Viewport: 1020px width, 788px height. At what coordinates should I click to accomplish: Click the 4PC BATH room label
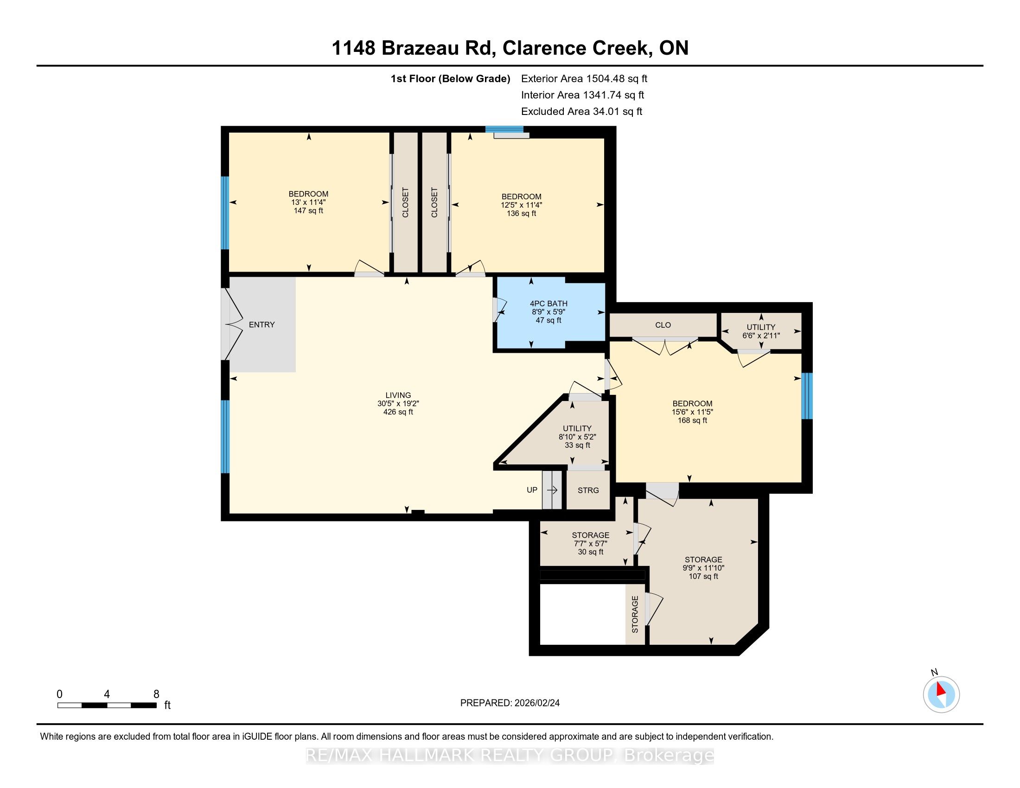(548, 304)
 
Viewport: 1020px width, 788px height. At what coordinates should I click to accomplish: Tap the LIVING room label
(398, 395)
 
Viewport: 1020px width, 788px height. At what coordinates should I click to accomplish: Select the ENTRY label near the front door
(261, 324)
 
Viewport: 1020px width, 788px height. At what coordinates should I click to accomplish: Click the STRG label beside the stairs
(588, 490)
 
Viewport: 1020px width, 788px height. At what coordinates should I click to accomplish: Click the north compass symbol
(941, 694)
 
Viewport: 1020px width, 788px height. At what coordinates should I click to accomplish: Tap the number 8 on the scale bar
(156, 694)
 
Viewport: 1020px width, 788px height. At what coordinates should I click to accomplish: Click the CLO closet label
(663, 325)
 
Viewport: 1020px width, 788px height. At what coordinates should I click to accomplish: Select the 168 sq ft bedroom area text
(692, 420)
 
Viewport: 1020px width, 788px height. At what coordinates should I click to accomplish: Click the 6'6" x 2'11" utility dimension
(761, 335)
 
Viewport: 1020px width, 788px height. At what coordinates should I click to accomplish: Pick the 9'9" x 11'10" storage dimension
(703, 568)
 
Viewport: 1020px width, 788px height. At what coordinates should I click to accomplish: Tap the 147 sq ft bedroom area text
(308, 210)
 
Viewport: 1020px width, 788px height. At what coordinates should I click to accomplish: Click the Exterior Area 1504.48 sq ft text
(584, 78)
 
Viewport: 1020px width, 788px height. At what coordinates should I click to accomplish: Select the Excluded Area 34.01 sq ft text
(581, 111)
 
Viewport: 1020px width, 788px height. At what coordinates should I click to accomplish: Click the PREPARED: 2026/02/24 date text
(510, 703)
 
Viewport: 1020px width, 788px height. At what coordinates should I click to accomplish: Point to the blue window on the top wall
(504, 129)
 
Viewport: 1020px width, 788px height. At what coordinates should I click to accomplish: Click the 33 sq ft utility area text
(577, 445)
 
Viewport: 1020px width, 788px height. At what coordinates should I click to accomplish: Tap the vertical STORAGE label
(635, 614)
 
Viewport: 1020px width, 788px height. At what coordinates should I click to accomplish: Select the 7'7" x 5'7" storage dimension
(590, 543)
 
